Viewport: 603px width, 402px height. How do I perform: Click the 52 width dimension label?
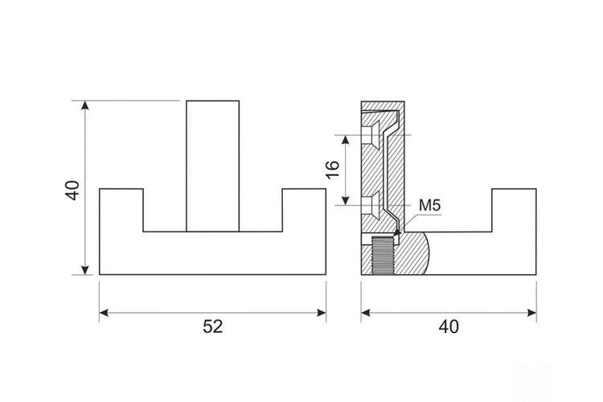tap(213, 326)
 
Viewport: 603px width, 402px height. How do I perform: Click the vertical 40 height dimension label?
tap(72, 190)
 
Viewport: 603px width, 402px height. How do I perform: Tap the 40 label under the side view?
tap(449, 326)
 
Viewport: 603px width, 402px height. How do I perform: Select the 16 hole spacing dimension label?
tap(333, 170)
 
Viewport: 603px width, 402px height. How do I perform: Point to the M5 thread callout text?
tap(429, 206)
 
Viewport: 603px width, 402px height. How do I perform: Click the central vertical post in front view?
tap(213, 166)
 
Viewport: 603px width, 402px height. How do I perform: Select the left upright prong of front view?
tap(121, 210)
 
